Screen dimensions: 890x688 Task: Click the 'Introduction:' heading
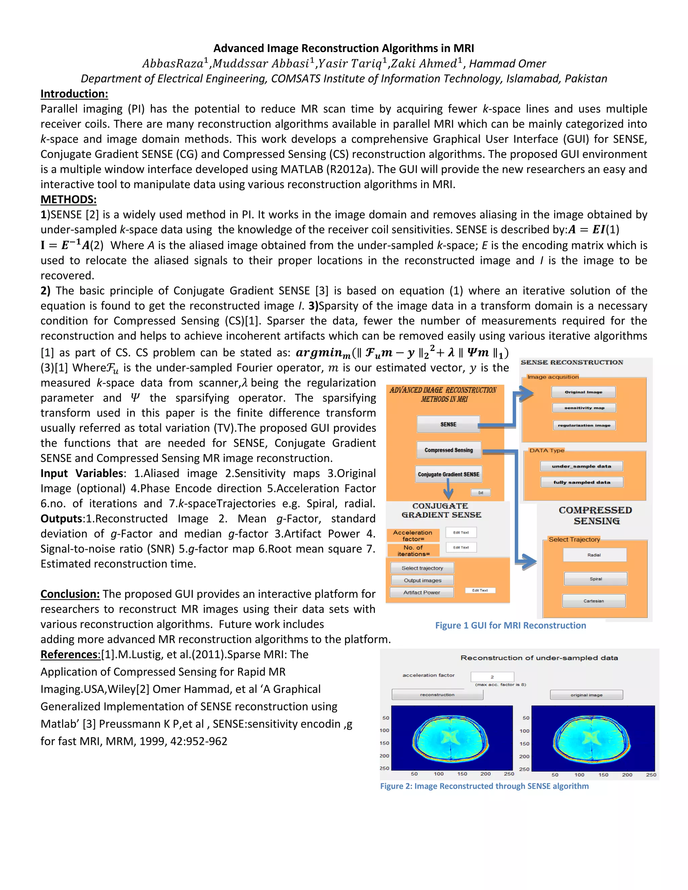74,94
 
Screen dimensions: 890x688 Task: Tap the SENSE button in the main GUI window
448,424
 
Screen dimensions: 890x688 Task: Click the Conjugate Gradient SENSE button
448,474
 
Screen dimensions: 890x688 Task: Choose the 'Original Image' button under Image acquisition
583,392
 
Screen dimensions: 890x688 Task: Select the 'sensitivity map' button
584,408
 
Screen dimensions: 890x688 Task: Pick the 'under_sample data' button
581,466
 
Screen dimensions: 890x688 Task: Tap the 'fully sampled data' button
582,483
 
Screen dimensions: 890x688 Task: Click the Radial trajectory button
594,555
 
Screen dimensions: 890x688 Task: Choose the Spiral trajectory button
596,579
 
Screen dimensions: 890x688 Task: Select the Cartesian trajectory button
594,601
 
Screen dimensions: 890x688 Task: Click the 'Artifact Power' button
422,592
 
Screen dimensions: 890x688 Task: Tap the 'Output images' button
422,580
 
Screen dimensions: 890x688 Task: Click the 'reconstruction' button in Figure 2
437,695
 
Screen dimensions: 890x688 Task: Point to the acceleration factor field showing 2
492,677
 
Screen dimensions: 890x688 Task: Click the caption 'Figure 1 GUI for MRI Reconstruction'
510,626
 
